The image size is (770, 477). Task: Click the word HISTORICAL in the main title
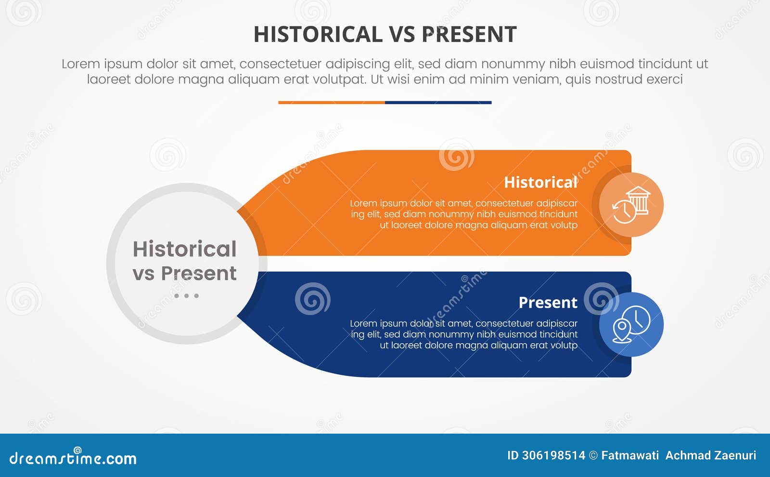tap(318, 35)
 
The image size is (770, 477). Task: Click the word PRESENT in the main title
tap(469, 35)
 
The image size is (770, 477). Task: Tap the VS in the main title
tap(402, 35)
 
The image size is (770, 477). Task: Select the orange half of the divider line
tap(332, 102)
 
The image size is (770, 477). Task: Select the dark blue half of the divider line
tap(438, 102)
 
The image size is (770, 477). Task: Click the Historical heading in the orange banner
tap(540, 182)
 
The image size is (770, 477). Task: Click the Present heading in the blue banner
tap(548, 303)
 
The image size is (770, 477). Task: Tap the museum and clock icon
tap(631, 205)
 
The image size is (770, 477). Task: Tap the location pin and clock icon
tap(631, 324)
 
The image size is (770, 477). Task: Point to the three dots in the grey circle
tap(186, 296)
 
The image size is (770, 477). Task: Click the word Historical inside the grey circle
tap(185, 249)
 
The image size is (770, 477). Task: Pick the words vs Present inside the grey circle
tap(185, 273)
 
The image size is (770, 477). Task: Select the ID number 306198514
tap(553, 455)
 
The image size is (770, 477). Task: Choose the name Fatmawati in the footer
tap(630, 455)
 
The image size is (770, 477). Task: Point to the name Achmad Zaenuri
tap(711, 455)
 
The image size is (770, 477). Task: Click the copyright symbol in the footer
tap(593, 455)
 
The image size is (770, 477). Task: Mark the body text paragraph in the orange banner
tap(464, 214)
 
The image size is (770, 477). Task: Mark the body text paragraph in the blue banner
tap(464, 334)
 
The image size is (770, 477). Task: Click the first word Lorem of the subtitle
tap(81, 64)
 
